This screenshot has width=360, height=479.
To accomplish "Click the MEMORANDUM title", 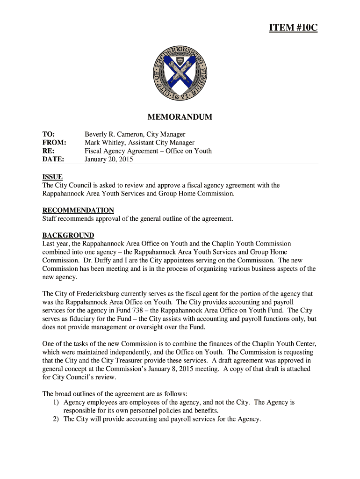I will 180,117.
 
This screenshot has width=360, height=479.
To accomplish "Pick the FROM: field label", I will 54,143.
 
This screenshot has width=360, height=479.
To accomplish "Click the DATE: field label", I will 53,160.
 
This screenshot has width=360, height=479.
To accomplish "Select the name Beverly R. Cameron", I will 111,134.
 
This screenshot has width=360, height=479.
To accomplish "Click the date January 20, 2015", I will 108,160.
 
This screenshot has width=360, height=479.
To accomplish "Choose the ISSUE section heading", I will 52,177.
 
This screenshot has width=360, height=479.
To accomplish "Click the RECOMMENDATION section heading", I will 78,210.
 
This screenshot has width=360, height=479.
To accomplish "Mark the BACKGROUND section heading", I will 68,235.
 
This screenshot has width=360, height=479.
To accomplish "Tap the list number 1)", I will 57,402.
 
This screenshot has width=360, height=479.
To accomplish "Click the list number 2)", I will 57,419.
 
